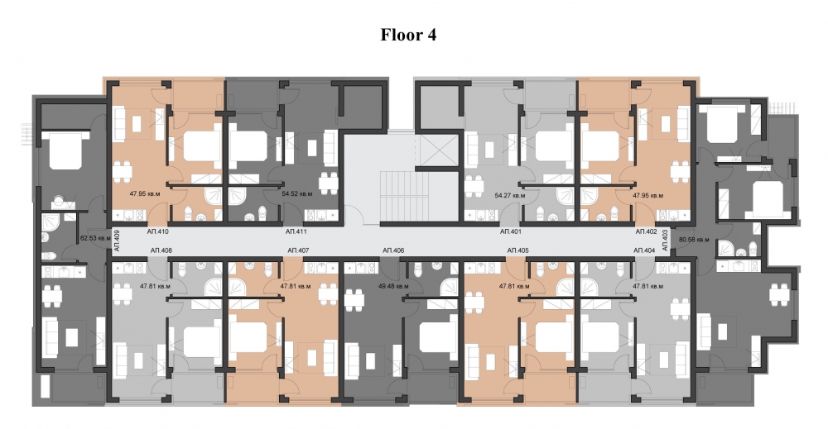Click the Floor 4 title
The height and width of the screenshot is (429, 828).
(x=408, y=35)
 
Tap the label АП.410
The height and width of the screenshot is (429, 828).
(x=157, y=231)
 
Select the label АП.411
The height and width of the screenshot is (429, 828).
(x=296, y=231)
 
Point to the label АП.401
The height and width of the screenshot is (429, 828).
(x=511, y=231)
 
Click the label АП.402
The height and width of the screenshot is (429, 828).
(x=646, y=231)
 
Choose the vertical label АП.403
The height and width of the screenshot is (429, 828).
(x=664, y=239)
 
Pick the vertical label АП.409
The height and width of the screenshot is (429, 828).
(x=117, y=241)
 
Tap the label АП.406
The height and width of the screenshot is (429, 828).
(x=393, y=250)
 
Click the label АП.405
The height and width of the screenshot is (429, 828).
(x=517, y=250)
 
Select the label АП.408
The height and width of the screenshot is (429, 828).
(x=161, y=250)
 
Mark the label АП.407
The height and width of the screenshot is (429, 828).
(x=298, y=250)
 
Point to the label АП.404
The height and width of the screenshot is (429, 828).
(x=644, y=250)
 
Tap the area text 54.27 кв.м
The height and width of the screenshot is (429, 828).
(x=509, y=196)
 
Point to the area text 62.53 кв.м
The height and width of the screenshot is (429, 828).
(x=95, y=238)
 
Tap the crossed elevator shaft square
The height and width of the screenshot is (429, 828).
(x=436, y=150)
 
